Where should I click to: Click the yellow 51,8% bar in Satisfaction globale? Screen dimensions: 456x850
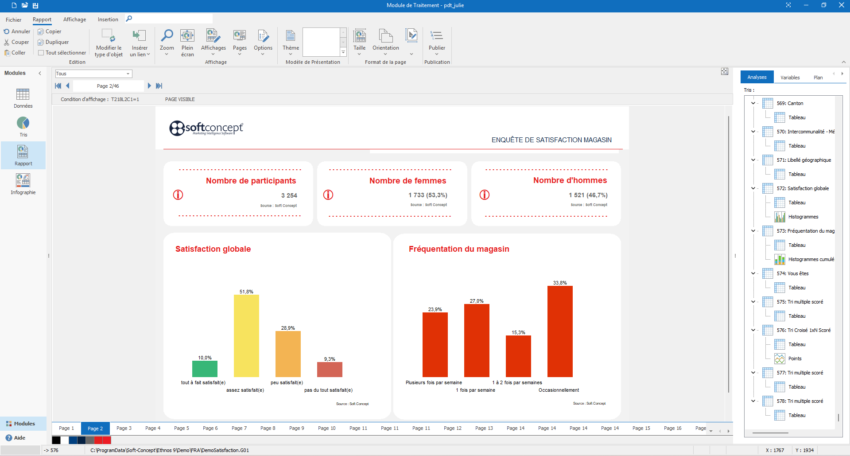(x=246, y=335)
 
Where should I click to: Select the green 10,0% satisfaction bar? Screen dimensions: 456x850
(x=205, y=369)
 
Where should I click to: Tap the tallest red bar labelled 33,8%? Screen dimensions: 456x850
(x=560, y=331)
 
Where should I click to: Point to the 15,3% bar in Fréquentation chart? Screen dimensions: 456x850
(x=518, y=356)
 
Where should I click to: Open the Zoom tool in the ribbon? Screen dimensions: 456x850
(x=167, y=42)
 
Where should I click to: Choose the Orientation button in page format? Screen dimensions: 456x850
(x=385, y=42)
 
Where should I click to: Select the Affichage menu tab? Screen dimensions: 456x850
(x=74, y=19)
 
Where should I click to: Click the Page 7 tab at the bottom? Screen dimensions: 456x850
(x=239, y=428)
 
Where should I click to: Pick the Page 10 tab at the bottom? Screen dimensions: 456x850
(x=326, y=428)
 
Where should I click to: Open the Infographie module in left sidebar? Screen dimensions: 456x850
(x=23, y=184)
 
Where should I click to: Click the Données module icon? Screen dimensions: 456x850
(x=23, y=98)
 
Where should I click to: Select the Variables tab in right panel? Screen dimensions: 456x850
(x=790, y=78)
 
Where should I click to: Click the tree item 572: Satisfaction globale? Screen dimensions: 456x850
(x=802, y=188)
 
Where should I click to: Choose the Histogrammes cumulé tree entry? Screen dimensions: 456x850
(x=811, y=259)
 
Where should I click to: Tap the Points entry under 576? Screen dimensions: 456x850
(x=795, y=359)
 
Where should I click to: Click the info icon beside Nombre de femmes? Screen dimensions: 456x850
(x=328, y=195)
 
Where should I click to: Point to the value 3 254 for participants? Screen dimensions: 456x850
(x=289, y=195)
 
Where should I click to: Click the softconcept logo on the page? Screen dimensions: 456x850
(x=206, y=128)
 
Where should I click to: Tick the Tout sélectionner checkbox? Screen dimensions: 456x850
(x=41, y=53)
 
